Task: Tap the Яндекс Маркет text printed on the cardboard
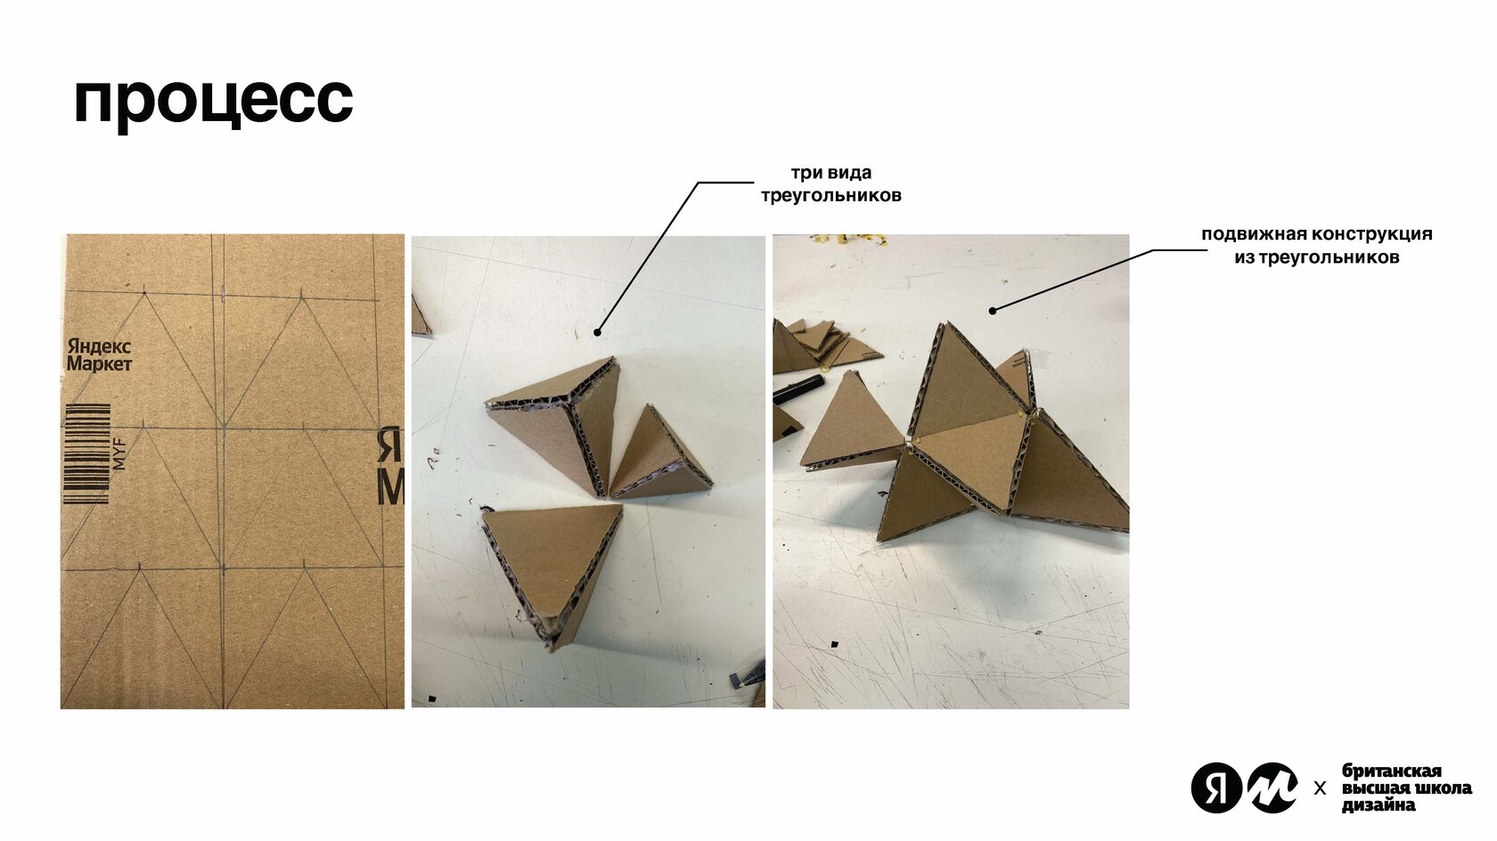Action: click(x=99, y=355)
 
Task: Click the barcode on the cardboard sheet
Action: click(x=86, y=453)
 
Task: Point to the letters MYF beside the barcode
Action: click(x=119, y=453)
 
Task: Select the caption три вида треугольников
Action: click(x=830, y=184)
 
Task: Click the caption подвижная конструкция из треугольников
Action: click(x=1317, y=245)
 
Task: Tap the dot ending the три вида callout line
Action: click(x=597, y=332)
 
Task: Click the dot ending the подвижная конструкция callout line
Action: click(x=993, y=311)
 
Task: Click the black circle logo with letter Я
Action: click(x=1215, y=788)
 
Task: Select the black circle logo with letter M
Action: click(x=1272, y=788)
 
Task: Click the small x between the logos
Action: click(x=1319, y=789)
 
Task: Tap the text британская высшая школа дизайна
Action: click(x=1406, y=788)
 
